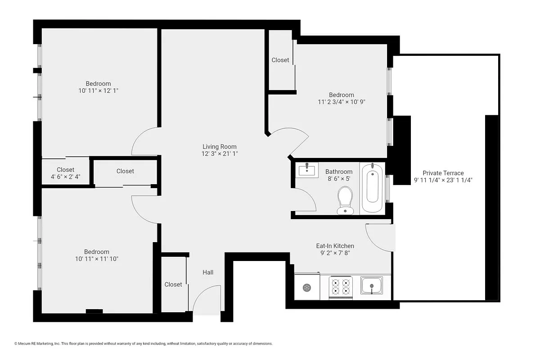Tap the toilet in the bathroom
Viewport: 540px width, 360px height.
(x=345, y=200)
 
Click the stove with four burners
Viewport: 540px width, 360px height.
(x=340, y=288)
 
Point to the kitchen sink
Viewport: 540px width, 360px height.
(x=372, y=286)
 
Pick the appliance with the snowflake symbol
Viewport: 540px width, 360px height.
(x=307, y=288)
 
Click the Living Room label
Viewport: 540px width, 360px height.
(x=219, y=147)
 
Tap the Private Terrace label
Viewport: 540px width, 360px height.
(x=443, y=173)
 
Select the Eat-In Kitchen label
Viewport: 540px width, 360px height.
(x=335, y=246)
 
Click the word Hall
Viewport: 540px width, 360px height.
(x=208, y=272)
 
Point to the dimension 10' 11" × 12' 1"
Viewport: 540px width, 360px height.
(x=98, y=90)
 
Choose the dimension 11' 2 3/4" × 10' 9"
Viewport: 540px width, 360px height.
(x=341, y=102)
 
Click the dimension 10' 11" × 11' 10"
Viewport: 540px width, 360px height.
(x=96, y=259)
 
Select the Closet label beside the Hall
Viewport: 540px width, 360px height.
(x=173, y=284)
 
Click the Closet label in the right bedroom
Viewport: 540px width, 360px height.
(x=280, y=60)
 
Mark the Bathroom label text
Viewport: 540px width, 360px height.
(x=339, y=171)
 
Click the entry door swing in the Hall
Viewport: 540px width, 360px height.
(x=207, y=299)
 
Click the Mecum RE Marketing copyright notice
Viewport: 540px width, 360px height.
(x=144, y=343)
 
